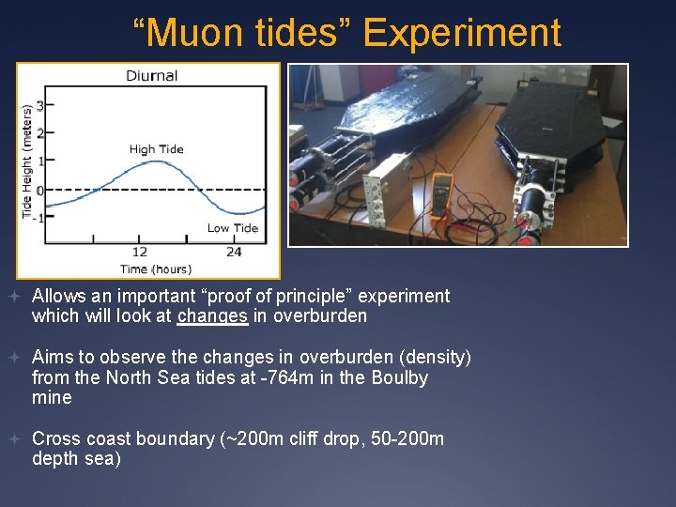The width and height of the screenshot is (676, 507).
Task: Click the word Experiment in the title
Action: [461, 33]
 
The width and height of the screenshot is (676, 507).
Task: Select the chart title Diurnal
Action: [151, 76]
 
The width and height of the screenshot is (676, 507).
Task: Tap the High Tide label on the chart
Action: [156, 149]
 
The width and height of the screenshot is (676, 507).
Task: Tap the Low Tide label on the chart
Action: [232, 228]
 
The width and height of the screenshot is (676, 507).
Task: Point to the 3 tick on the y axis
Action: [39, 105]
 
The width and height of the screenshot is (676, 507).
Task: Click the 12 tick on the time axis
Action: [139, 252]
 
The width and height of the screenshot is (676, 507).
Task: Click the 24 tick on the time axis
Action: [234, 252]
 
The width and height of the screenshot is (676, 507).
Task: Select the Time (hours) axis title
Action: [155, 269]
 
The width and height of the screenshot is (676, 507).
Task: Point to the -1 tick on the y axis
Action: [38, 217]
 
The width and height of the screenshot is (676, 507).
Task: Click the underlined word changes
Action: [212, 316]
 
